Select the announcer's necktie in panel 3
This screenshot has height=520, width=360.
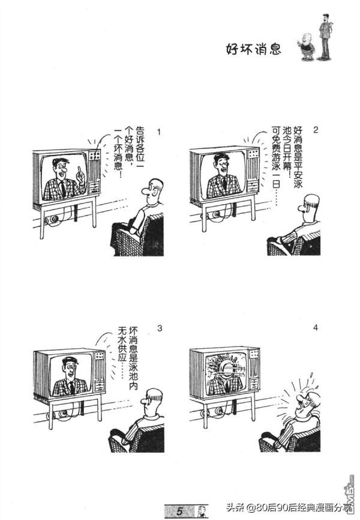(71, 386)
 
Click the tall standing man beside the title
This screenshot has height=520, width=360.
(325, 36)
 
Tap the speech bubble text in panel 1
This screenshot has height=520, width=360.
(125, 153)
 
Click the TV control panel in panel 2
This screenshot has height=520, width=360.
(253, 172)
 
